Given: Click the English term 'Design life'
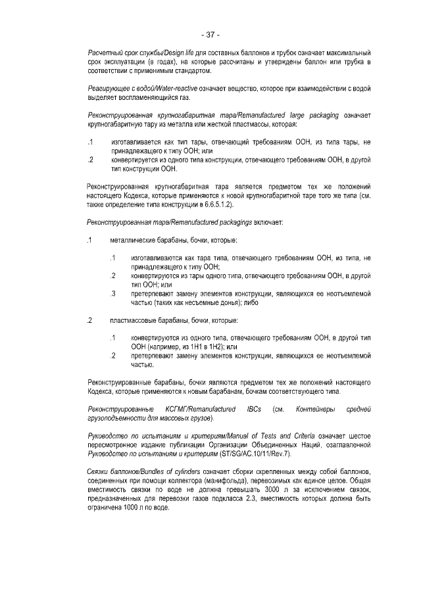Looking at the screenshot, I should [x=166, y=53].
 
